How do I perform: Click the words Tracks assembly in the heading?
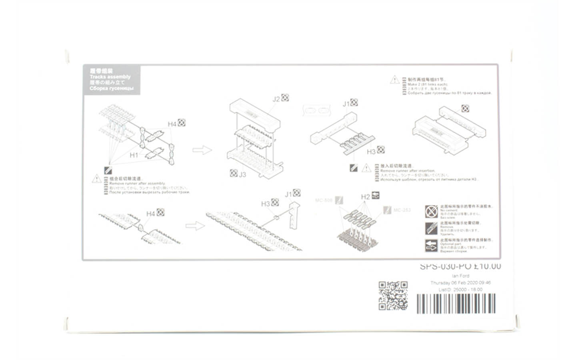pos(110,76)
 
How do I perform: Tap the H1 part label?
pos(134,155)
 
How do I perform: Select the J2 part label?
pos(276,99)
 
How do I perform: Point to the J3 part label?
pos(242,174)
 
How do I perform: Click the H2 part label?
pos(365,197)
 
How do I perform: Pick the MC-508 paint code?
pos(324,200)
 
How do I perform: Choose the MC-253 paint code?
pos(402,210)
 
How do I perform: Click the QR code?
pos(393,296)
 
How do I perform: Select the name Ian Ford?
pos(460,276)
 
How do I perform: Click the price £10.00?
pos(487,266)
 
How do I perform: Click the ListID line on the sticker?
pos(460,289)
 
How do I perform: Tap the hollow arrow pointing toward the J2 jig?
pos(202,150)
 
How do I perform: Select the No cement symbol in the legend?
pos(431,210)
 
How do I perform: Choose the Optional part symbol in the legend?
pos(431,245)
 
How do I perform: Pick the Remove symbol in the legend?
pos(431,228)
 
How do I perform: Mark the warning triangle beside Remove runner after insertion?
pos(366,168)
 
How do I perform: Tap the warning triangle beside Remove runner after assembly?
pos(97,178)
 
